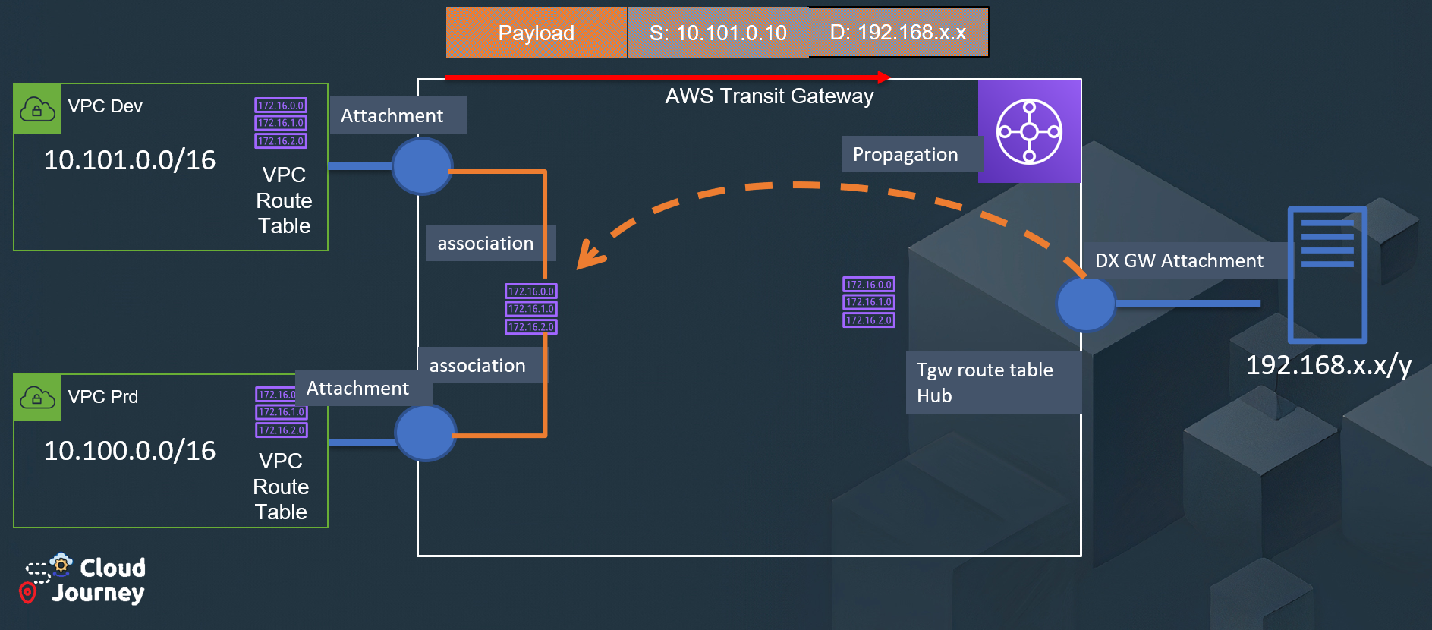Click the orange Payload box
point(536,33)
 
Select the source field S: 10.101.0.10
point(718,33)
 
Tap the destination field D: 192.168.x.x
point(899,33)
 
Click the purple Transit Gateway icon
point(1029,131)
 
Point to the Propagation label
point(906,155)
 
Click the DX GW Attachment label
point(1179,261)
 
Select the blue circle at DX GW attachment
point(1086,304)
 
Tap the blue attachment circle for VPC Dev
point(422,166)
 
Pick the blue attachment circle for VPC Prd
point(426,433)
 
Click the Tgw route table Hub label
point(985,383)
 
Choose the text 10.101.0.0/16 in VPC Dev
point(130,160)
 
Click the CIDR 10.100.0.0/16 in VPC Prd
point(130,451)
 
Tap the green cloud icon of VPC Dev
point(37,109)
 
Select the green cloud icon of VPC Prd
point(37,397)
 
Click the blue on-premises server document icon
point(1327,275)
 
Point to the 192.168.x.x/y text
point(1328,365)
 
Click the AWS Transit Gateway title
point(770,96)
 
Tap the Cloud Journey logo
point(83,580)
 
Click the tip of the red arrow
point(886,77)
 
